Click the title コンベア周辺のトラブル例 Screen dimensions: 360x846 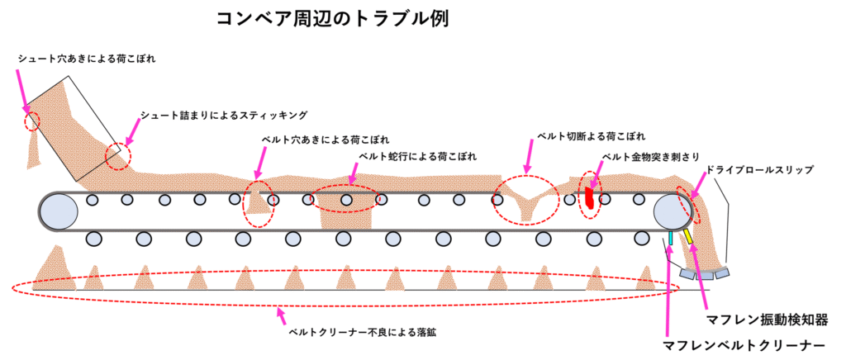click(x=332, y=19)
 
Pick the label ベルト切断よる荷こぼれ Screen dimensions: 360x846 click(x=591, y=135)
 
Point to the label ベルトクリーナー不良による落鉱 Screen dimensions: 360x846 click(x=361, y=333)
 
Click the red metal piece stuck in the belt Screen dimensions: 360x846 click(x=589, y=197)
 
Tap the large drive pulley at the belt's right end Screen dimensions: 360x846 click(x=673, y=211)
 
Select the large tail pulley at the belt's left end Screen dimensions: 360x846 click(x=59, y=211)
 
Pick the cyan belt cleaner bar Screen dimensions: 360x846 click(x=670, y=239)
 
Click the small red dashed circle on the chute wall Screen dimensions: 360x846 click(x=32, y=120)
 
